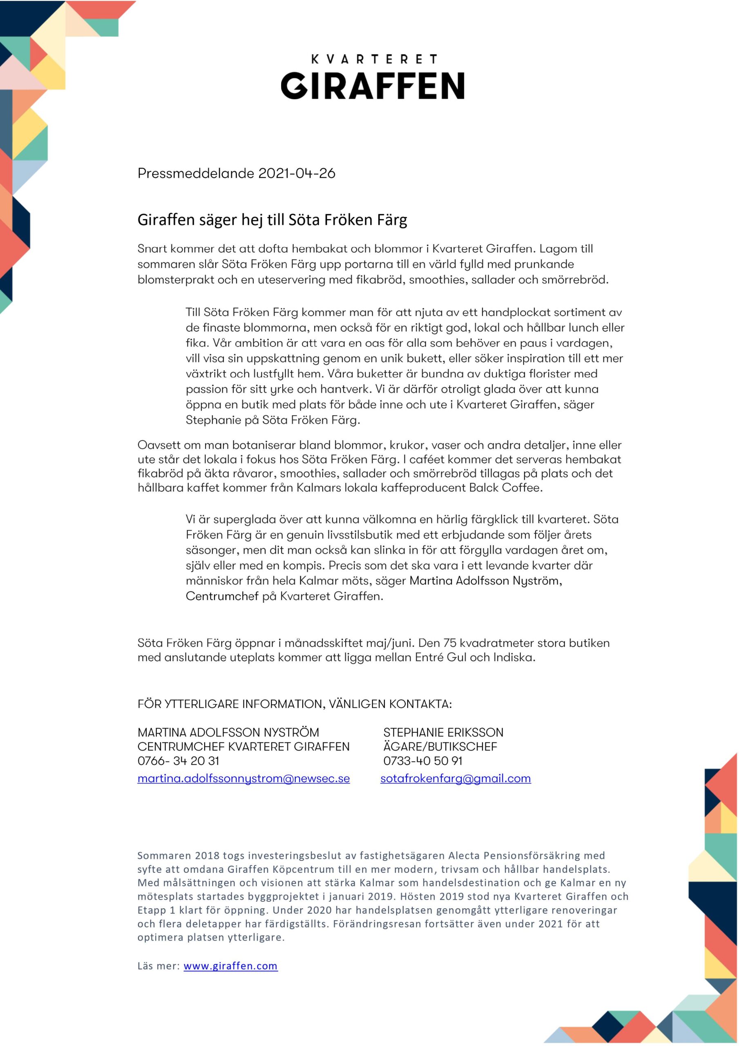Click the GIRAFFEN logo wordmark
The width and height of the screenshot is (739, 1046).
[372, 85]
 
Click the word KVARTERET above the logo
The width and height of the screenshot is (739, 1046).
[374, 59]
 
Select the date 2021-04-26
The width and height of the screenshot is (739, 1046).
[297, 174]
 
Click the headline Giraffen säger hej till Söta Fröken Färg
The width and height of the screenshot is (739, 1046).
[272, 220]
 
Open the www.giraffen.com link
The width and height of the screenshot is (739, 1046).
[230, 966]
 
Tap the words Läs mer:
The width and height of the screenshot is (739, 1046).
[159, 966]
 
